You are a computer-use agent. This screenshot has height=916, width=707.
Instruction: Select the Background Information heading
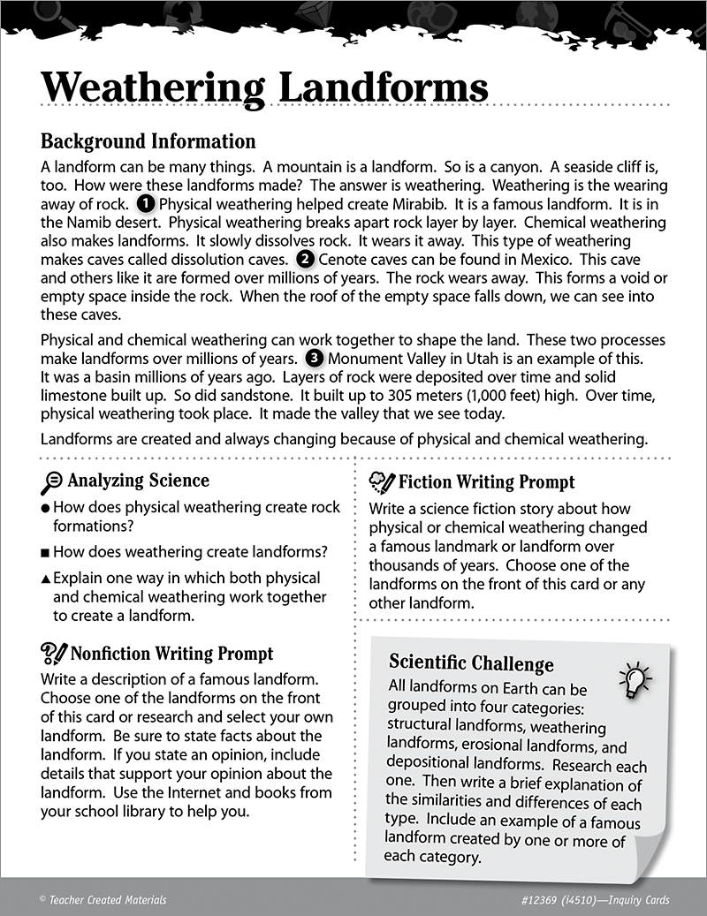148,141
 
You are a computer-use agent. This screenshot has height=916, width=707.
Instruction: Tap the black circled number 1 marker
147,203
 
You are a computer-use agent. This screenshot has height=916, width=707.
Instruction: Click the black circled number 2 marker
305,260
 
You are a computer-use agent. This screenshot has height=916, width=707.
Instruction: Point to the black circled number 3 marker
314,359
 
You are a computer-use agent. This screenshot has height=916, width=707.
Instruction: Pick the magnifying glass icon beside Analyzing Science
52,481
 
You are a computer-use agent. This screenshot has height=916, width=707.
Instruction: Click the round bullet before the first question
45,509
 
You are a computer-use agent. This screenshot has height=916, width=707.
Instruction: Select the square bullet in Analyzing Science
45,553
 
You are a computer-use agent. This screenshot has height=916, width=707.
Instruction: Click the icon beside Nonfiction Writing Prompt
54,655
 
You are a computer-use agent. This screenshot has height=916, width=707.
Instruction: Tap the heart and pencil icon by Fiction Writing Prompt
382,481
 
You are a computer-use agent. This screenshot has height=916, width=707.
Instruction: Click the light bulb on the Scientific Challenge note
635,678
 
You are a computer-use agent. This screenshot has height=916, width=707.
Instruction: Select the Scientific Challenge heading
471,663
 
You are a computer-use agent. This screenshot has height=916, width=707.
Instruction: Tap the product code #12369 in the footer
536,900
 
